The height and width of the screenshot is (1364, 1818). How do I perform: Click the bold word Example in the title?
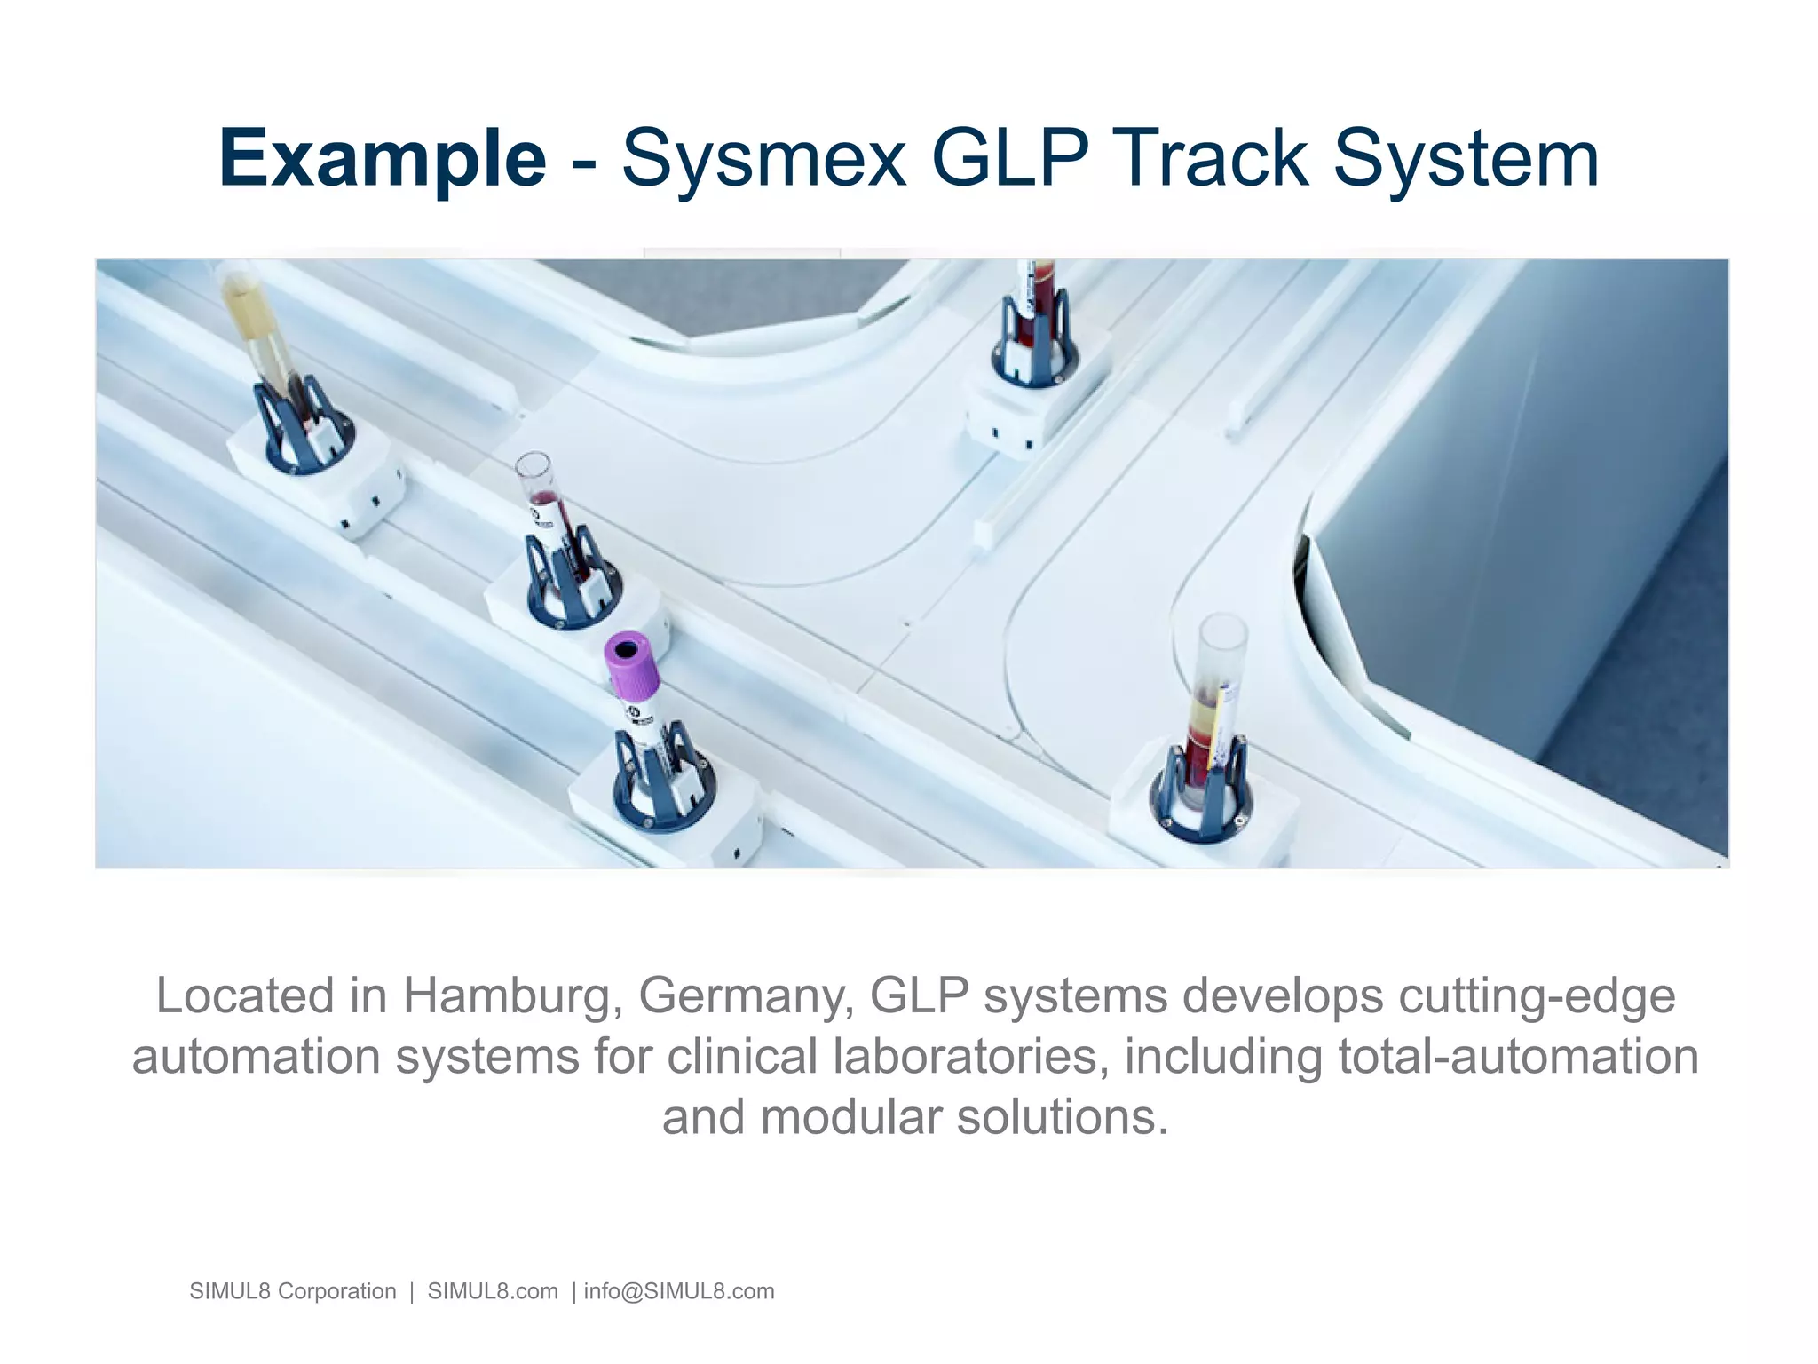click(x=382, y=160)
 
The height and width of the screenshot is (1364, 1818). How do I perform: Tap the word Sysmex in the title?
click(x=763, y=160)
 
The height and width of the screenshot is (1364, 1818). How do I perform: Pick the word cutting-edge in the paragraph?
click(x=1537, y=995)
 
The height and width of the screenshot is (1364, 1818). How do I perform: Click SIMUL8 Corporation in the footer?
click(x=293, y=1291)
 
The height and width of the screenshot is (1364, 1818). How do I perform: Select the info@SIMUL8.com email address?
click(x=679, y=1291)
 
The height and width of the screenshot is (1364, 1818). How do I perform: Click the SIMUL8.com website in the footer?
click(x=493, y=1291)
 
